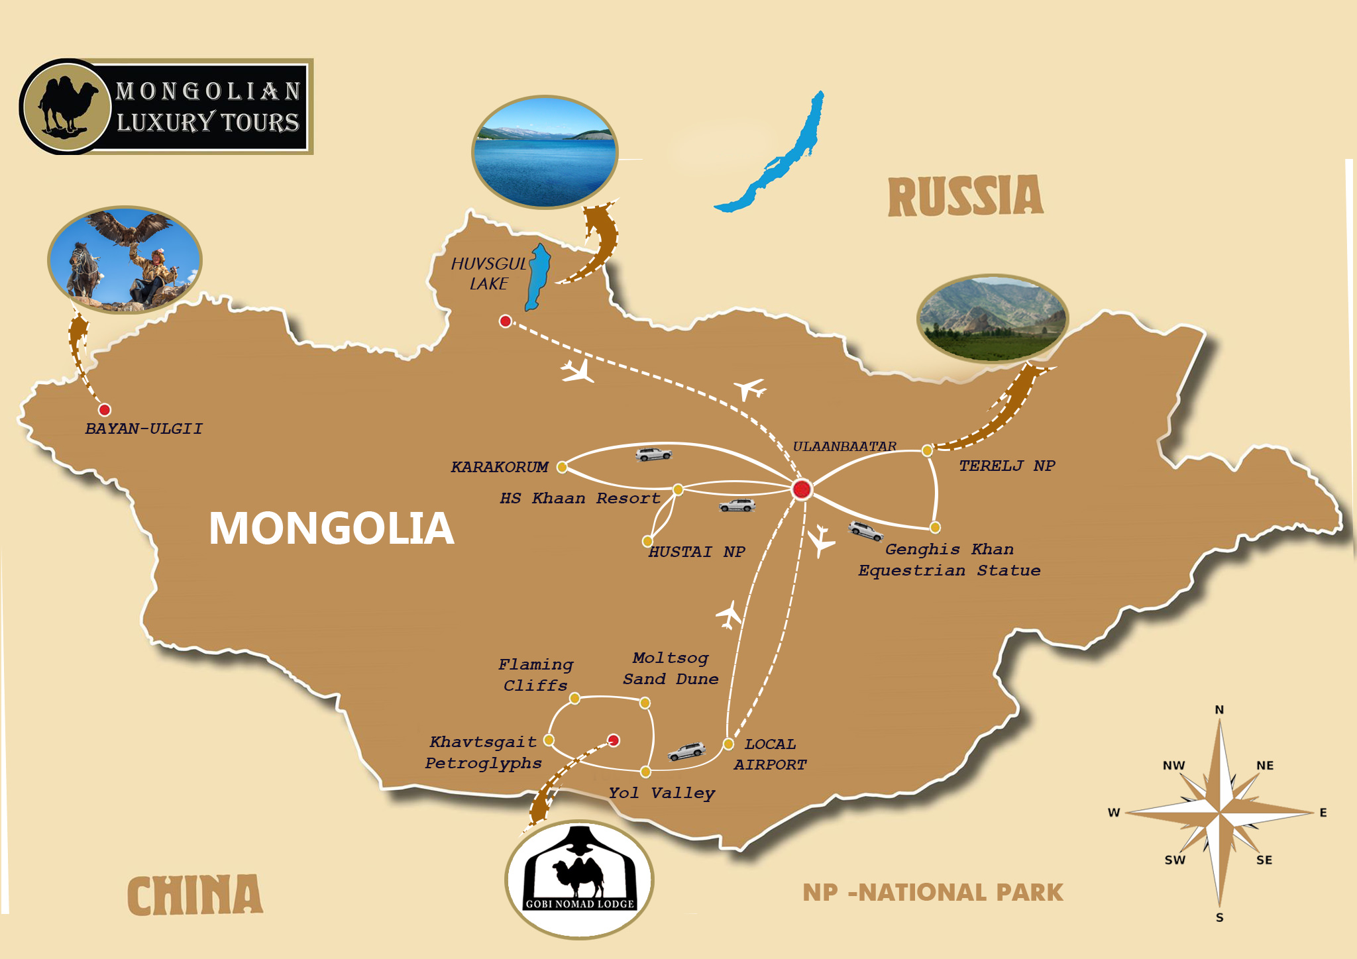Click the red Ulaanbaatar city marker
point(802,489)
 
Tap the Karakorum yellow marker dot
point(562,467)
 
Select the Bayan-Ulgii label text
point(144,429)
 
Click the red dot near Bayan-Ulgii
point(105,410)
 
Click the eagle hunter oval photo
point(125,260)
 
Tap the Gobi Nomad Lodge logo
point(580,878)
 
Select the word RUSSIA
point(965,197)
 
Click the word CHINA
point(195,895)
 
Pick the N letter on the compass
point(1219,709)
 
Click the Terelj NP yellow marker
point(927,450)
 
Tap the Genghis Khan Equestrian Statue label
point(949,560)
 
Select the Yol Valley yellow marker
point(645,772)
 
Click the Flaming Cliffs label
point(535,674)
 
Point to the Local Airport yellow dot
point(728,744)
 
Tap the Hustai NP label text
point(696,552)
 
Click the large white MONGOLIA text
point(331,529)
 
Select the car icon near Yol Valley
point(686,751)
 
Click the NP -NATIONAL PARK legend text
point(932,892)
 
